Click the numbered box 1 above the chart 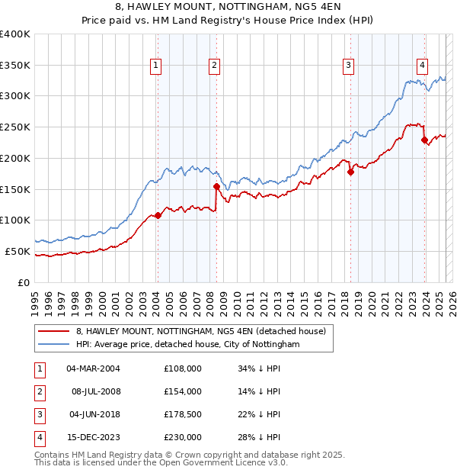tap(155, 66)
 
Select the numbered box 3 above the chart tap(348, 66)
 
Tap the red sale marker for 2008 tap(216, 186)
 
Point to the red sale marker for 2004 tap(158, 215)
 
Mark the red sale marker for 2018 tap(351, 172)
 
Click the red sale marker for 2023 tap(424, 140)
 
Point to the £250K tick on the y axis tap(15, 127)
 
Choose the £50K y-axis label tap(17, 251)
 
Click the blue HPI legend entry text tap(187, 345)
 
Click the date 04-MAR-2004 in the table tap(93, 368)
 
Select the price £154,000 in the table tap(182, 391)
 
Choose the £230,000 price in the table tap(182, 437)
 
